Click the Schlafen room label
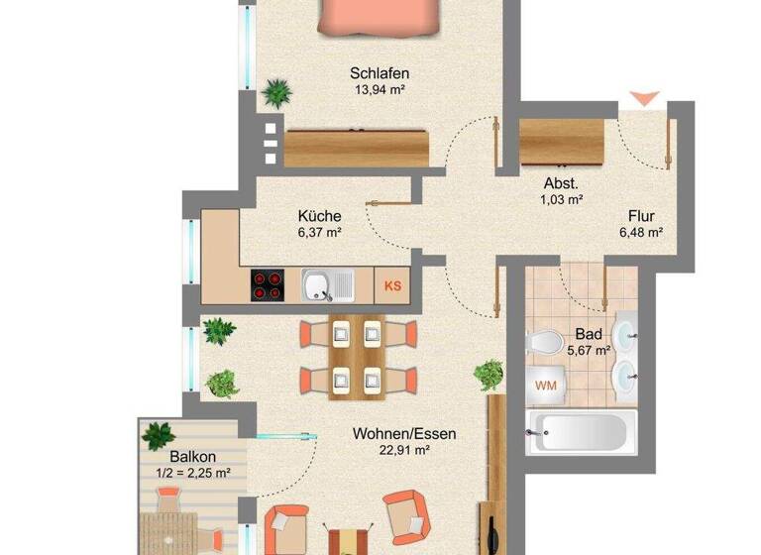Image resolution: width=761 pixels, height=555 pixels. (x=380, y=72)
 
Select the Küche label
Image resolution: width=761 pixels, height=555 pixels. (x=320, y=216)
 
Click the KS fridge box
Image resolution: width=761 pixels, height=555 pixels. (x=393, y=285)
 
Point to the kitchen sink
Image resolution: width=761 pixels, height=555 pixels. (x=326, y=285)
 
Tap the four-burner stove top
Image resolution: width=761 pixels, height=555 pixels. (x=268, y=285)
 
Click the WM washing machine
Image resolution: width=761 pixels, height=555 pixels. (x=545, y=385)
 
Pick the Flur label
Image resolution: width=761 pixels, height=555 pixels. (x=641, y=216)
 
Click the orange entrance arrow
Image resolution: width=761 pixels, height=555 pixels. (x=645, y=98)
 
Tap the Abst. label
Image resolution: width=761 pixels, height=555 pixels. (x=561, y=183)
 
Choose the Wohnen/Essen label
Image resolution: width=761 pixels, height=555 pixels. (x=405, y=433)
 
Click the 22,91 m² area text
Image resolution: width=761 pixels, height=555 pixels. (x=405, y=450)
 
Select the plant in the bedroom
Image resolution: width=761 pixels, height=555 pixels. (x=277, y=95)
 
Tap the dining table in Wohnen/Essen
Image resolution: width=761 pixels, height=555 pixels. (x=356, y=357)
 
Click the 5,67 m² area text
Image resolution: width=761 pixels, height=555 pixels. (x=589, y=349)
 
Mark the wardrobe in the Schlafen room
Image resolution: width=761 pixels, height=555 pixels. (x=358, y=148)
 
